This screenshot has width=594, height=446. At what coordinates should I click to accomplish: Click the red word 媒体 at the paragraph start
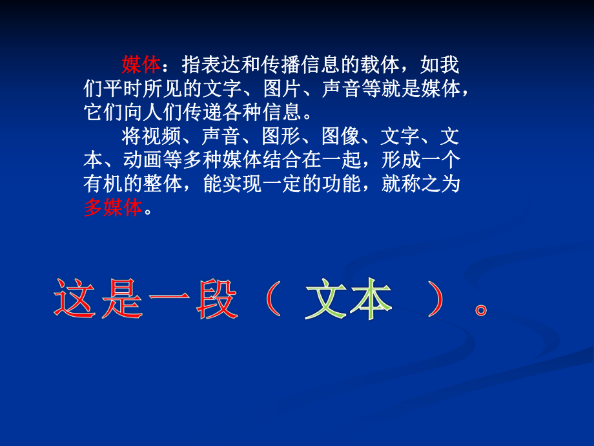point(141,65)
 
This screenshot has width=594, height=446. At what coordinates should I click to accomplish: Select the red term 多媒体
point(112,208)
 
